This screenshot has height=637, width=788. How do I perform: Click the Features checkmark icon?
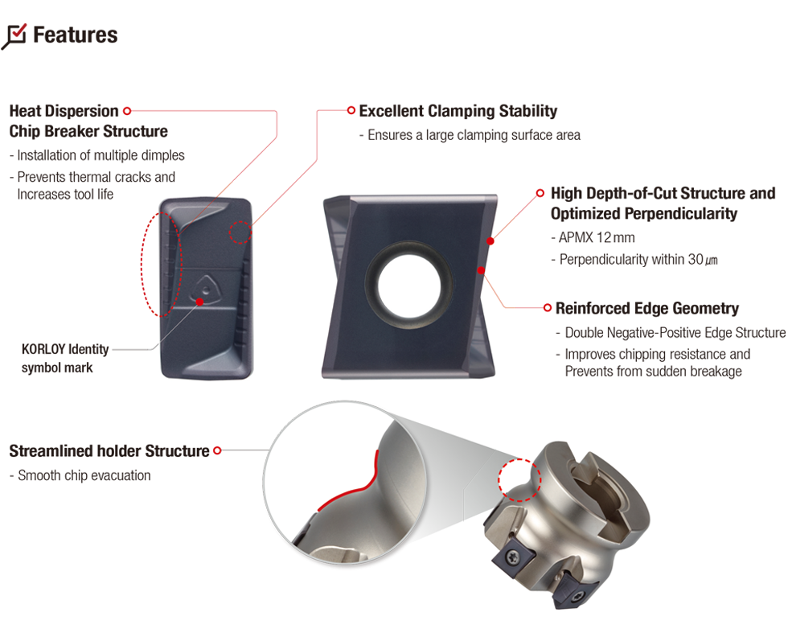tap(14, 36)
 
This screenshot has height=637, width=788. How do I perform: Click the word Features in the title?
tap(76, 35)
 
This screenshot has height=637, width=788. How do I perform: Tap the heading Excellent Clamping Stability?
tap(458, 111)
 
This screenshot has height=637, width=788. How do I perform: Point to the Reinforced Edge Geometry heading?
tap(646, 308)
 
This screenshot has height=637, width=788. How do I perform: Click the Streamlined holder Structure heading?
tap(109, 451)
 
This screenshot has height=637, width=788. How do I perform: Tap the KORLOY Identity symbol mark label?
tap(65, 359)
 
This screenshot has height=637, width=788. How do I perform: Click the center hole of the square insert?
tap(409, 287)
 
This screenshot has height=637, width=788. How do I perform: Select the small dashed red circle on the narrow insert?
tap(240, 232)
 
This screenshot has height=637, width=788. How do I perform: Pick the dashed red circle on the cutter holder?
tap(519, 479)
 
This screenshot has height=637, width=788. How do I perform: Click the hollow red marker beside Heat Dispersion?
tap(127, 111)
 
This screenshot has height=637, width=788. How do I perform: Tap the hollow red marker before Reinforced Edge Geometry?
tap(548, 308)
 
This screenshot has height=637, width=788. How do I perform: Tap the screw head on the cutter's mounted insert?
tap(514, 556)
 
